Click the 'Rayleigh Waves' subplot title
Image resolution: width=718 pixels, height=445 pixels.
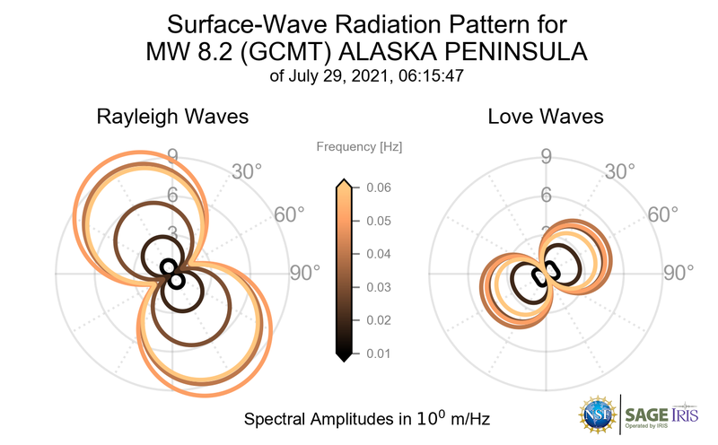pyautogui.click(x=172, y=117)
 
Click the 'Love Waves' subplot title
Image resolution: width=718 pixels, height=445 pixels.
pyautogui.click(x=546, y=117)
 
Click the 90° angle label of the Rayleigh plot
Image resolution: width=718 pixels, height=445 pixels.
pyautogui.click(x=305, y=273)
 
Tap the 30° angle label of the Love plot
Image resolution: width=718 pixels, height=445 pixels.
pyautogui.click(x=620, y=171)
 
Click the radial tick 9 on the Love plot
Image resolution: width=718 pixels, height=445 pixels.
pyautogui.click(x=546, y=159)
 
